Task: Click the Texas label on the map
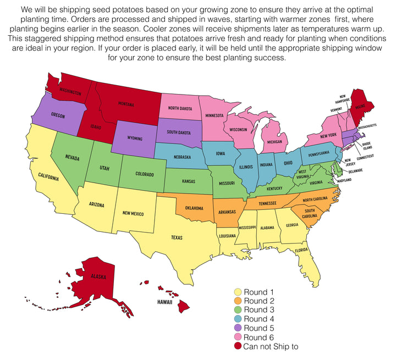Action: [x=177, y=238]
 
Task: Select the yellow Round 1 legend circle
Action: [x=238, y=292]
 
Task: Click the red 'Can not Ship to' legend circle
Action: [x=238, y=347]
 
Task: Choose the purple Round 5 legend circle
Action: [x=238, y=328]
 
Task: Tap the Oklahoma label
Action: [x=194, y=208]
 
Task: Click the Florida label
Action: [x=300, y=251]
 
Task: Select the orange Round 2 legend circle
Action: [x=238, y=301]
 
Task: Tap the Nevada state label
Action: [x=72, y=158]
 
